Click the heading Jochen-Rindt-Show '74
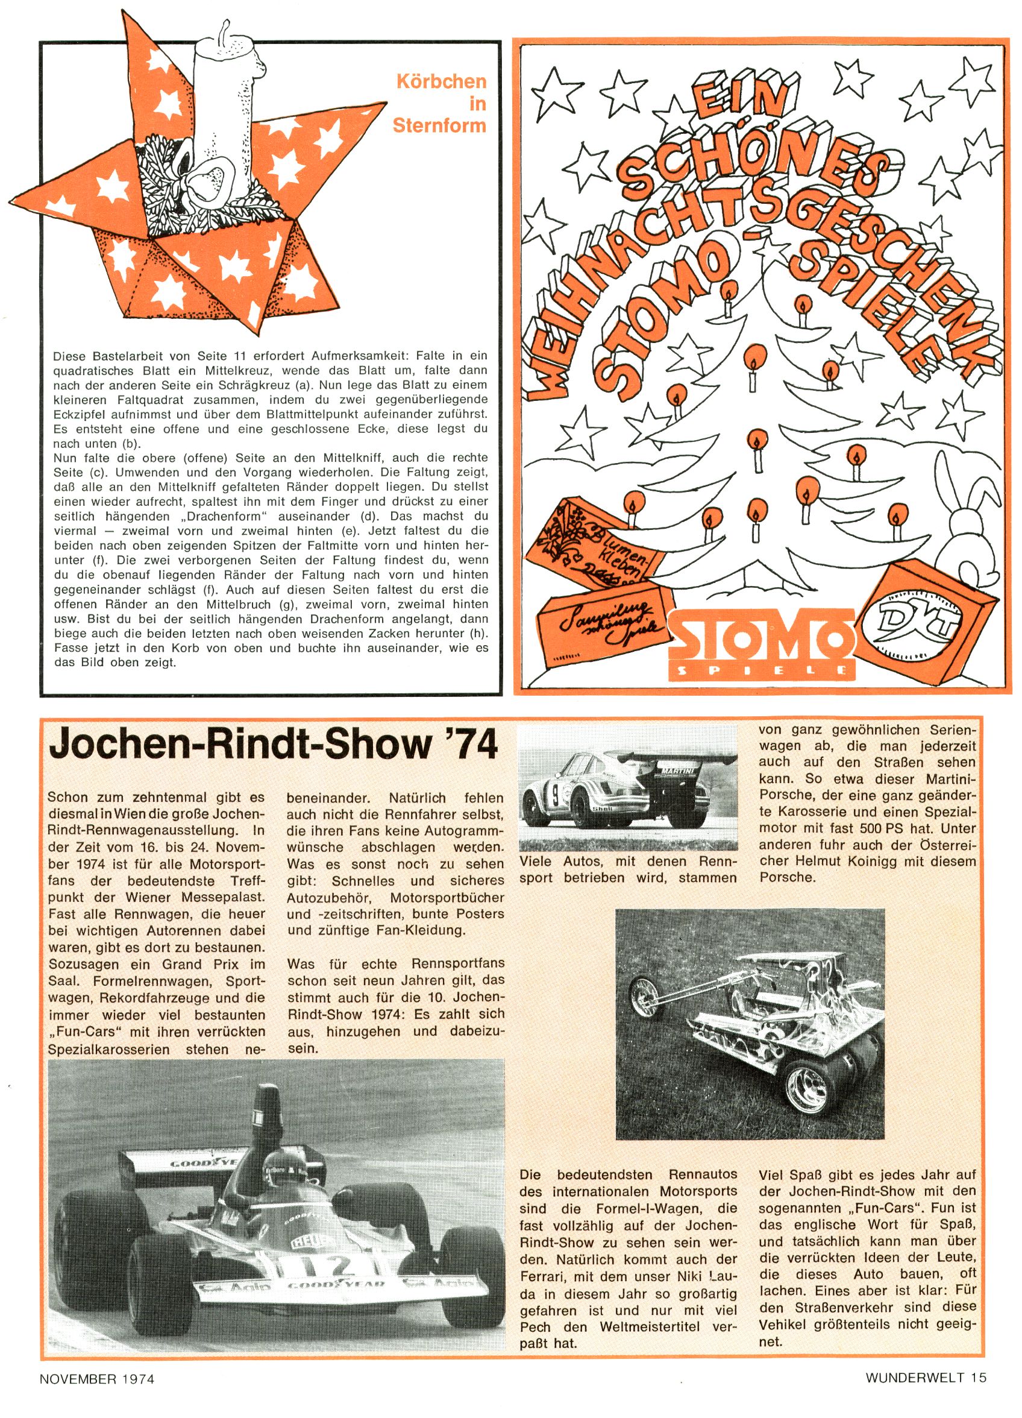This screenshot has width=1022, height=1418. pos(273,745)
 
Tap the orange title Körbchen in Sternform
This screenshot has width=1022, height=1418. pos(440,103)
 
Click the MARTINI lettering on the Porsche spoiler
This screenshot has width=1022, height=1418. pos(677,771)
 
